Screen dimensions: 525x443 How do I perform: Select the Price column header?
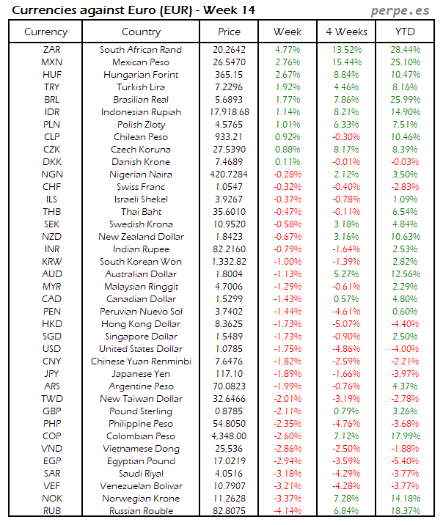[x=229, y=32]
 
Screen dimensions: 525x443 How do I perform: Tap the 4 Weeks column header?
[x=346, y=32]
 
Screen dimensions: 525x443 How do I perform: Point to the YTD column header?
[x=405, y=32]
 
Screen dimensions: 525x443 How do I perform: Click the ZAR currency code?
[x=52, y=50]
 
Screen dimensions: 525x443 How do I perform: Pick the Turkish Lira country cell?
[x=141, y=87]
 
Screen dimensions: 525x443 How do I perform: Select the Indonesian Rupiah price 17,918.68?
[x=229, y=112]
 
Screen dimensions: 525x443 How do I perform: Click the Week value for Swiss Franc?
[x=288, y=187]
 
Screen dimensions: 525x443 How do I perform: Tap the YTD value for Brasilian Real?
[x=405, y=100]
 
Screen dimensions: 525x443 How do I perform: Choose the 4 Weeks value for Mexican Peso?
[x=346, y=62]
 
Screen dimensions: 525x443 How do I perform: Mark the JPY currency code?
[x=52, y=374]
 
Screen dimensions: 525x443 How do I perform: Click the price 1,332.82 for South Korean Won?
[x=229, y=262]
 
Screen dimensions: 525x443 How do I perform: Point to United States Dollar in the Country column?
[x=141, y=349]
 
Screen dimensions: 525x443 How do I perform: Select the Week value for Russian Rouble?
[x=288, y=511]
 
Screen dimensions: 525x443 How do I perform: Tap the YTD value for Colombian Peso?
[x=405, y=436]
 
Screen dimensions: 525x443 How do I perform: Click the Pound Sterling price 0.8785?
[x=229, y=411]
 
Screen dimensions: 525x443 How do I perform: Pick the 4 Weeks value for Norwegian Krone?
[x=346, y=499]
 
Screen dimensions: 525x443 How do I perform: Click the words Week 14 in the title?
[x=228, y=10]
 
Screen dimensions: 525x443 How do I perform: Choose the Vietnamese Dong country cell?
[x=141, y=449]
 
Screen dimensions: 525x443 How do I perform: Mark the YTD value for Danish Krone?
[x=405, y=162]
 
